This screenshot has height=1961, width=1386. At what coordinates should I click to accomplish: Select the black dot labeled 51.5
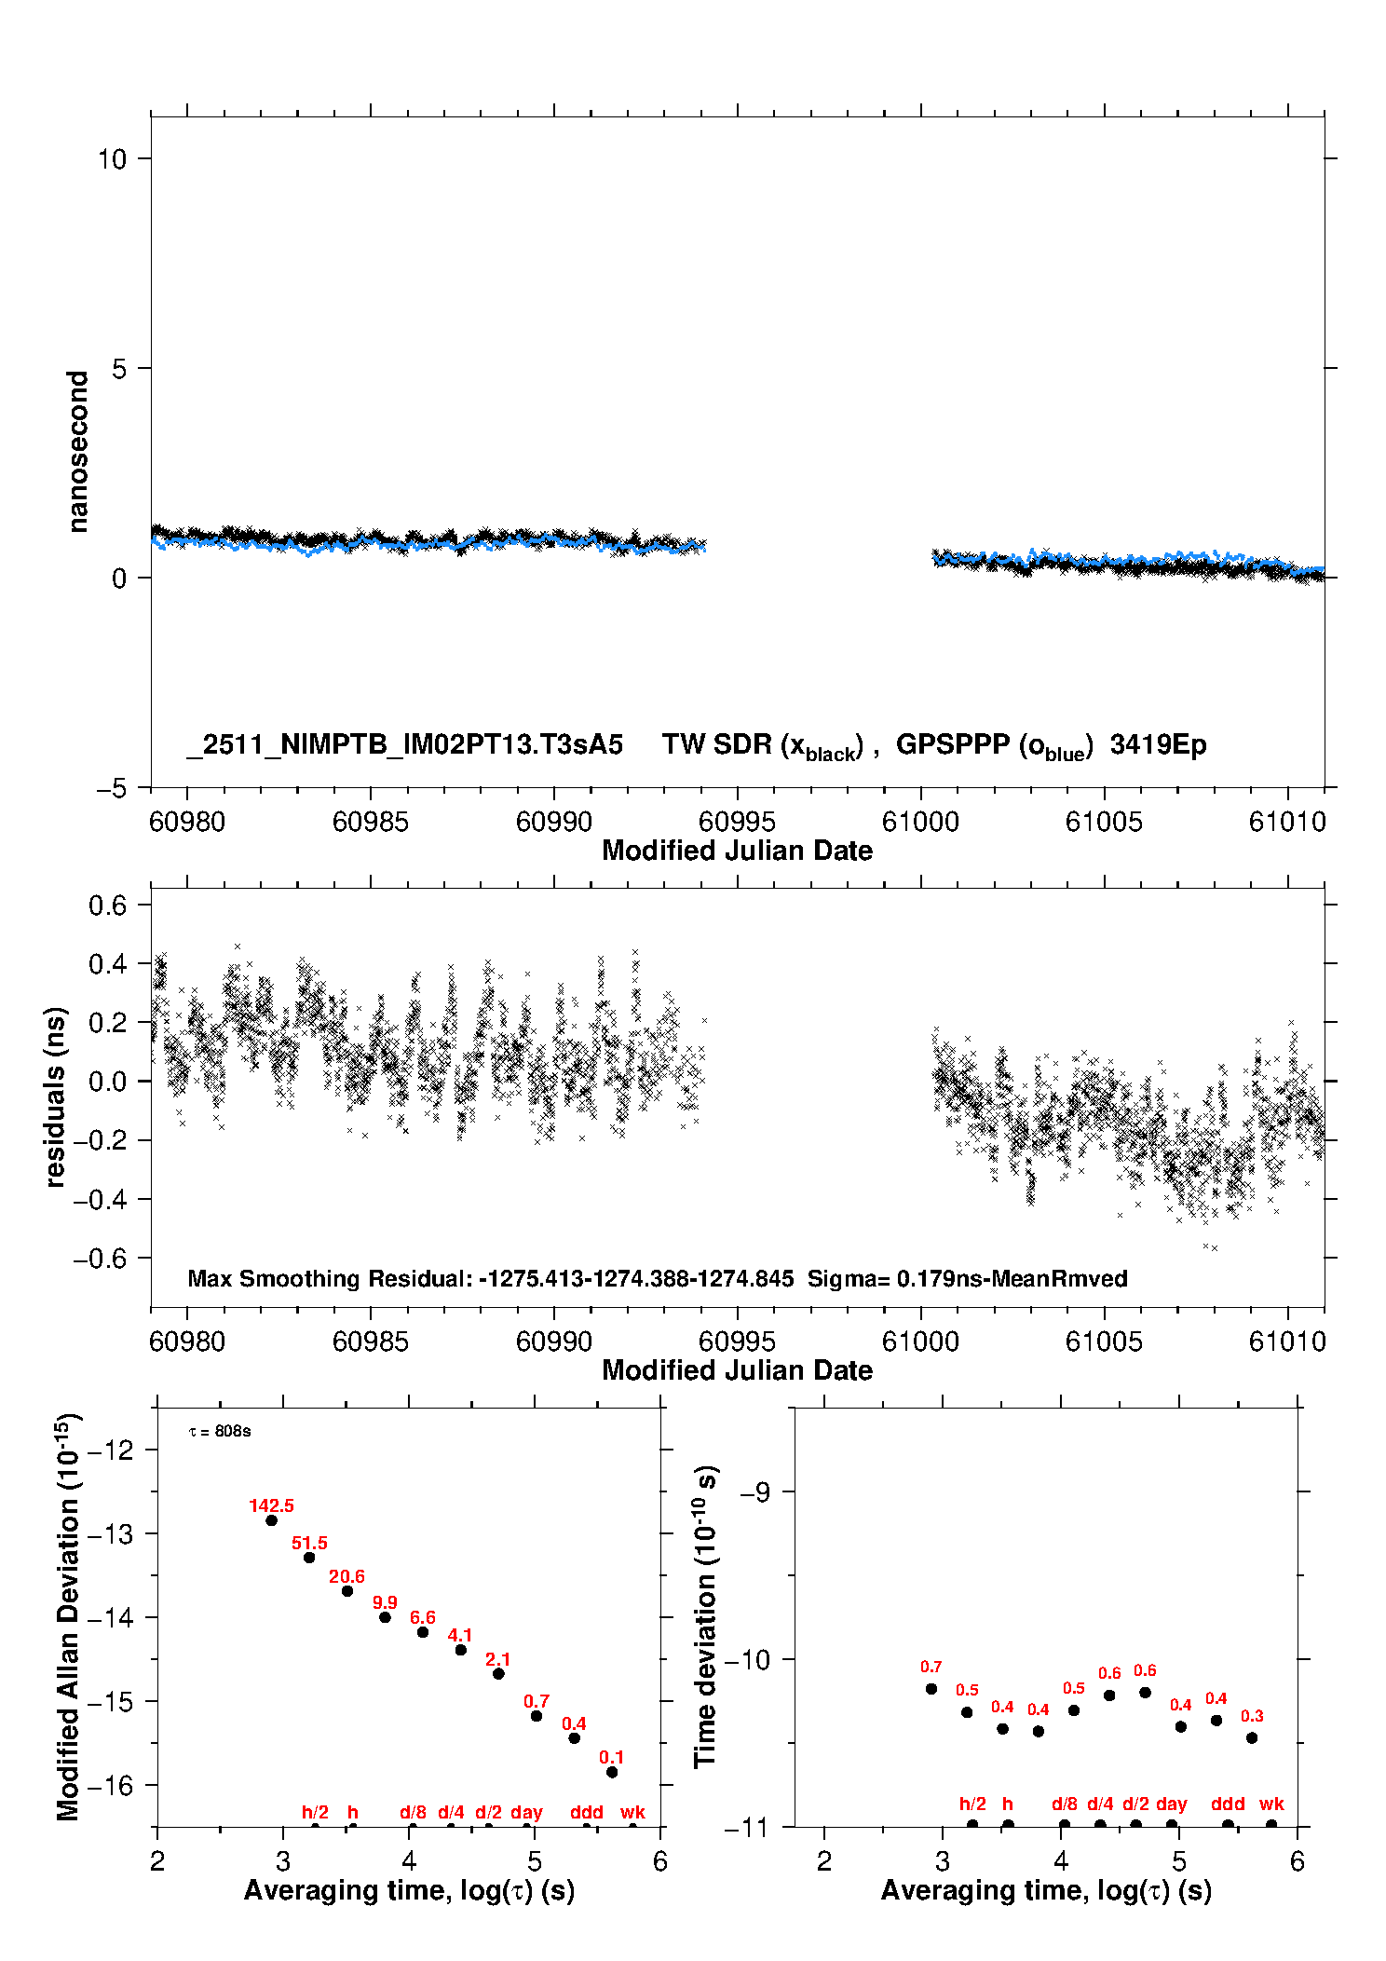click(309, 1558)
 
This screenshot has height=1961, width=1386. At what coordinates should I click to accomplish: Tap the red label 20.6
click(346, 1576)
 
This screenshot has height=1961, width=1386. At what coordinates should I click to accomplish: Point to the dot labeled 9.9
click(385, 1617)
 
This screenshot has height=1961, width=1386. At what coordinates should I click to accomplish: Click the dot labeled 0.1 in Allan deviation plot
click(612, 1772)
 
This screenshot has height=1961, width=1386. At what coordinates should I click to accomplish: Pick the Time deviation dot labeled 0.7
click(931, 1689)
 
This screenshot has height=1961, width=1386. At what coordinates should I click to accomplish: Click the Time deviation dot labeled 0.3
click(1252, 1737)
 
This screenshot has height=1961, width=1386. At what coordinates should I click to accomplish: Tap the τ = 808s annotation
click(220, 1431)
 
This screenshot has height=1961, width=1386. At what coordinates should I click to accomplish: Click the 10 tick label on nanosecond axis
click(112, 159)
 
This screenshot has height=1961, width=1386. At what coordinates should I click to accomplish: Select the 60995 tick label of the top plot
click(737, 822)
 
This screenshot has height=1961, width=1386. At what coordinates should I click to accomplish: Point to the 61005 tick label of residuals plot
click(1104, 1341)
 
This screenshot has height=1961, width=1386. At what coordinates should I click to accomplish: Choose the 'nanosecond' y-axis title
click(78, 452)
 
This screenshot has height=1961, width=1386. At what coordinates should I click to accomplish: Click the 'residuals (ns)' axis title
click(56, 1096)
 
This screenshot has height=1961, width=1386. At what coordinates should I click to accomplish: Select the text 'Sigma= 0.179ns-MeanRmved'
click(967, 1278)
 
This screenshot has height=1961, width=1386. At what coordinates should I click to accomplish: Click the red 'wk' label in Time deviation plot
click(1271, 1804)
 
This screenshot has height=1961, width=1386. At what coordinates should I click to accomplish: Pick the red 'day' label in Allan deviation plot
click(526, 1812)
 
